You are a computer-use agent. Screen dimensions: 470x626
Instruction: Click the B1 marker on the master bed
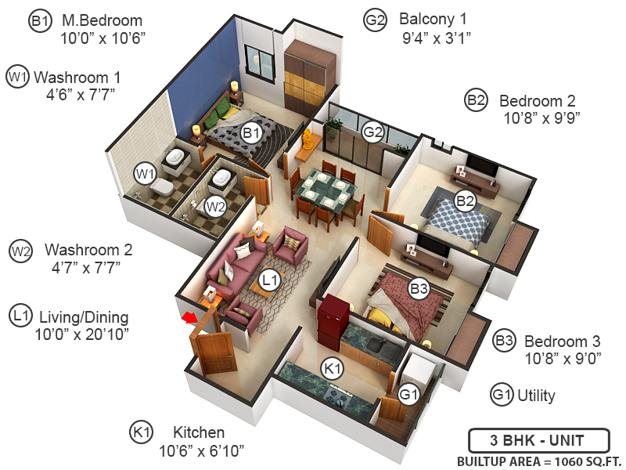(251, 132)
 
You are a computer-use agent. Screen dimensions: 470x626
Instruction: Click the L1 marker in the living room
(269, 278)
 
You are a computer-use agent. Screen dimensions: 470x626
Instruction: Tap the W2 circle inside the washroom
(214, 207)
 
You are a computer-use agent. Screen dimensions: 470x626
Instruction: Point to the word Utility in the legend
(536, 396)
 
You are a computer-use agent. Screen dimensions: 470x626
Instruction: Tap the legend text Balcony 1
(435, 19)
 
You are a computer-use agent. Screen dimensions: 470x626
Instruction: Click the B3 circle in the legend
(505, 342)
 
